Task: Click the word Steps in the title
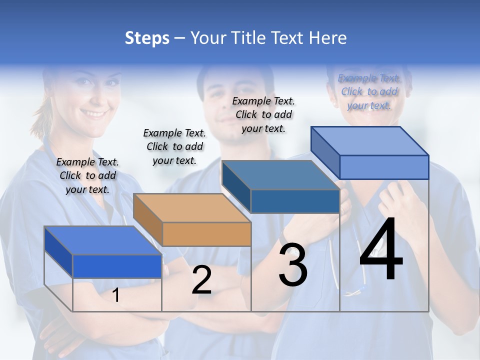(147, 38)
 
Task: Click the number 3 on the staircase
(293, 264)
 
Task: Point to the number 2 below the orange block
(201, 280)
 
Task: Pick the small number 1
(116, 295)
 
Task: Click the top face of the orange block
(191, 207)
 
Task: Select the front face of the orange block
(206, 234)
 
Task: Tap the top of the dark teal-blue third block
(280, 175)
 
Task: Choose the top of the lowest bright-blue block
(103, 240)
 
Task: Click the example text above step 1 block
(87, 175)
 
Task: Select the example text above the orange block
(174, 146)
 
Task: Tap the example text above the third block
(263, 114)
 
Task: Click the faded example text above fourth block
(369, 91)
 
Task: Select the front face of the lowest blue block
(117, 266)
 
